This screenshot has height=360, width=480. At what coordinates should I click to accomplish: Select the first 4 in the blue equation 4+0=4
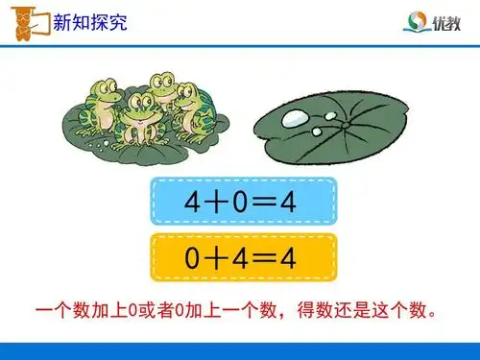click(x=193, y=202)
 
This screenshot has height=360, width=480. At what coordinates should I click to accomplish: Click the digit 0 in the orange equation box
click(x=193, y=257)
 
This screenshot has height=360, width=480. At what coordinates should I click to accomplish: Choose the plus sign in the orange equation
click(x=218, y=257)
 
